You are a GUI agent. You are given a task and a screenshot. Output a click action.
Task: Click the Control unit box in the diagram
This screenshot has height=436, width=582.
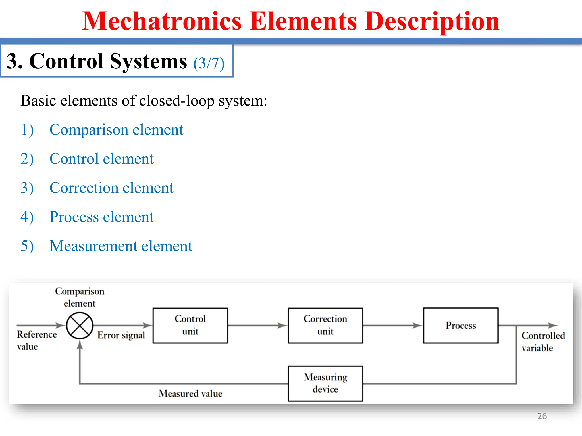point(190,325)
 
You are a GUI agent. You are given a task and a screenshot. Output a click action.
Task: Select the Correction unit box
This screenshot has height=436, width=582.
point(325,325)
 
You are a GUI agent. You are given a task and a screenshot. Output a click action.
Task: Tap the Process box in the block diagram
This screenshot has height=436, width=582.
point(460,325)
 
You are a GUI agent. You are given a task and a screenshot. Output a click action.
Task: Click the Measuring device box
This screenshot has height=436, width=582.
point(325,383)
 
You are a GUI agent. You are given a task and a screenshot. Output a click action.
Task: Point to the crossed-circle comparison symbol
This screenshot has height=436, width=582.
point(80,326)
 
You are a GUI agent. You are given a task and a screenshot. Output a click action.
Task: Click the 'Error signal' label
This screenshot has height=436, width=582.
point(121,335)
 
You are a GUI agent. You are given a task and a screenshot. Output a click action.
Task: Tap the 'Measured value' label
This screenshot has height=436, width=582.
point(190,393)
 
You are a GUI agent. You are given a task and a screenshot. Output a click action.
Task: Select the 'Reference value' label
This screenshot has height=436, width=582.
point(36,340)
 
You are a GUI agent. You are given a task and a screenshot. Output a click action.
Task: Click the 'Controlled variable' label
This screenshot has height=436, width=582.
point(543,341)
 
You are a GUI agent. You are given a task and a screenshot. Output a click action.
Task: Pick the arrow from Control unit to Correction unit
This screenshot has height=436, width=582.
point(257,325)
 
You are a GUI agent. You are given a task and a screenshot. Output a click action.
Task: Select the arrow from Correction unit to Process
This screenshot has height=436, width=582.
point(392,325)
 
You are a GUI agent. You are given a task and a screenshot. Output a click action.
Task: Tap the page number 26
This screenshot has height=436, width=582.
point(542,416)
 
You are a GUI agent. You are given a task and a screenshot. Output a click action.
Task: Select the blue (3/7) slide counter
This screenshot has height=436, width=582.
point(209,63)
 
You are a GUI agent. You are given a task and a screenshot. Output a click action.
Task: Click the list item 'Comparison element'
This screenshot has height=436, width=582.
point(116,130)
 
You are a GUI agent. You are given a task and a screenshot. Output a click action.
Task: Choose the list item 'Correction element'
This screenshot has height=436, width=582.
point(111,188)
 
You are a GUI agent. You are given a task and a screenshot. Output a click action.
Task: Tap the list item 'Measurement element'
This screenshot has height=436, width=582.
point(121,246)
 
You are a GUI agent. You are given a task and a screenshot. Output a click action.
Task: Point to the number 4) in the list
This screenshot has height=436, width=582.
point(27,217)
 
